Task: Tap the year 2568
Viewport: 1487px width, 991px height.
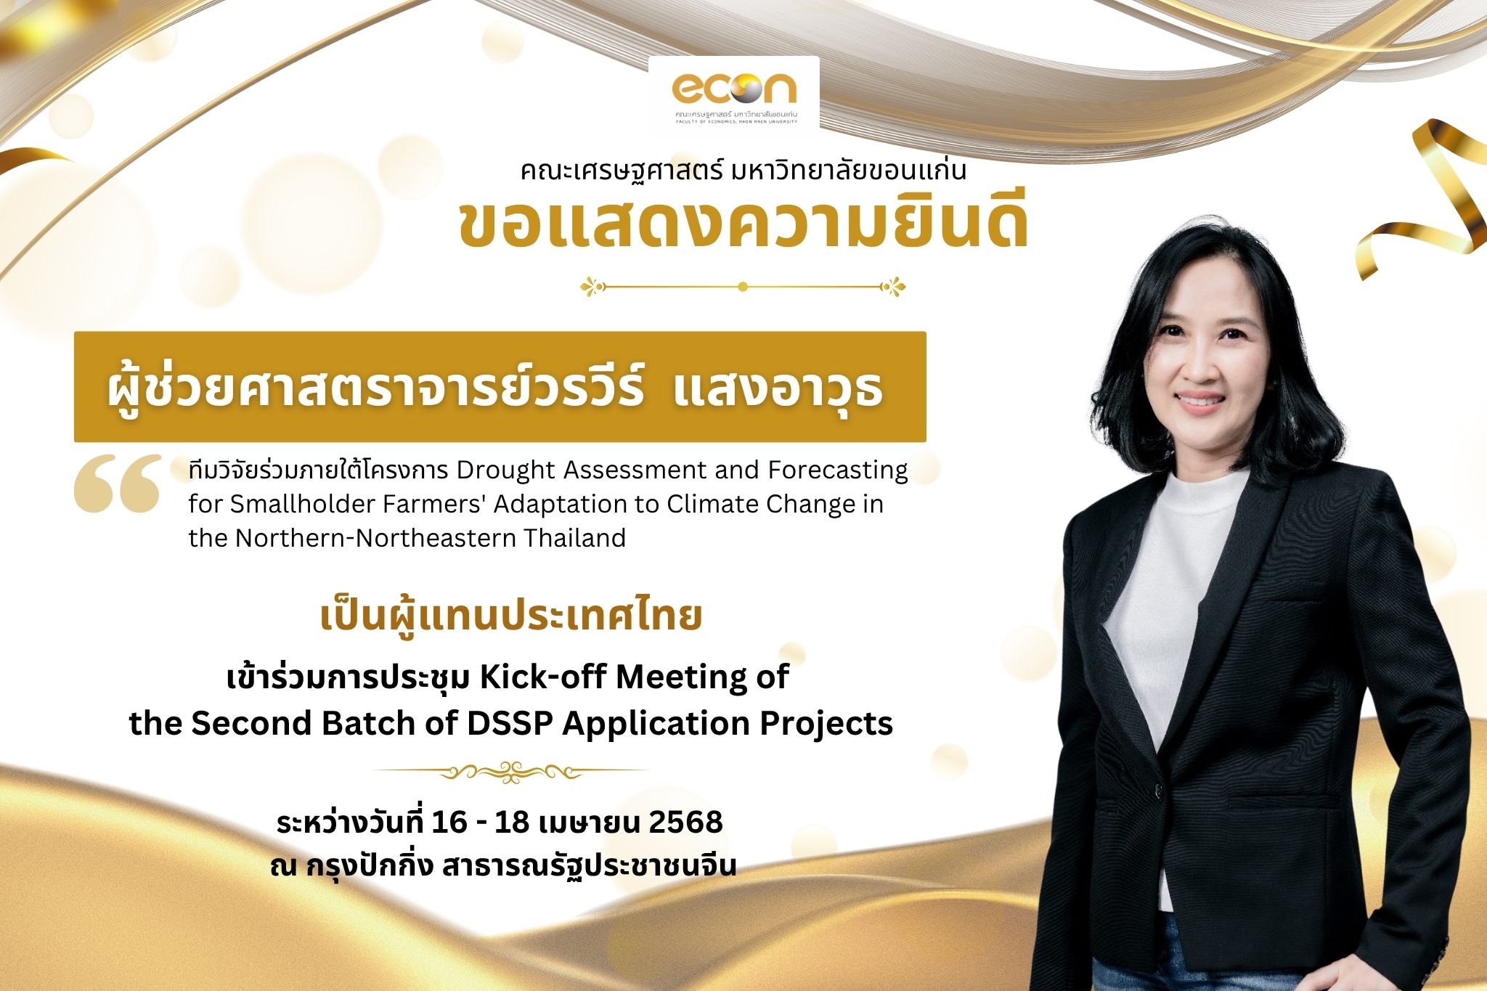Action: pos(685,822)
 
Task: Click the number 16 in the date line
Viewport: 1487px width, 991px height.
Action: pos(449,822)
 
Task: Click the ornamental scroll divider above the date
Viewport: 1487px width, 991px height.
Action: pos(511,770)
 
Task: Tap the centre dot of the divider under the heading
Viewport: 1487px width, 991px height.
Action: pos(742,287)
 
